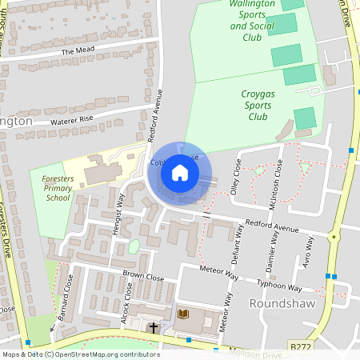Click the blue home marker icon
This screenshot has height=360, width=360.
tap(180, 173)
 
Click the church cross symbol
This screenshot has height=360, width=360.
tap(153, 327)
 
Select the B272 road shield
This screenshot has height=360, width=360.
tap(300, 346)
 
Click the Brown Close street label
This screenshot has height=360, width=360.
tap(143, 277)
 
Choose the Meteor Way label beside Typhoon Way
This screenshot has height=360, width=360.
tap(222, 274)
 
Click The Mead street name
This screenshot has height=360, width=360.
tap(78, 51)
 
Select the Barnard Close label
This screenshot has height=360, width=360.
tap(65, 300)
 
